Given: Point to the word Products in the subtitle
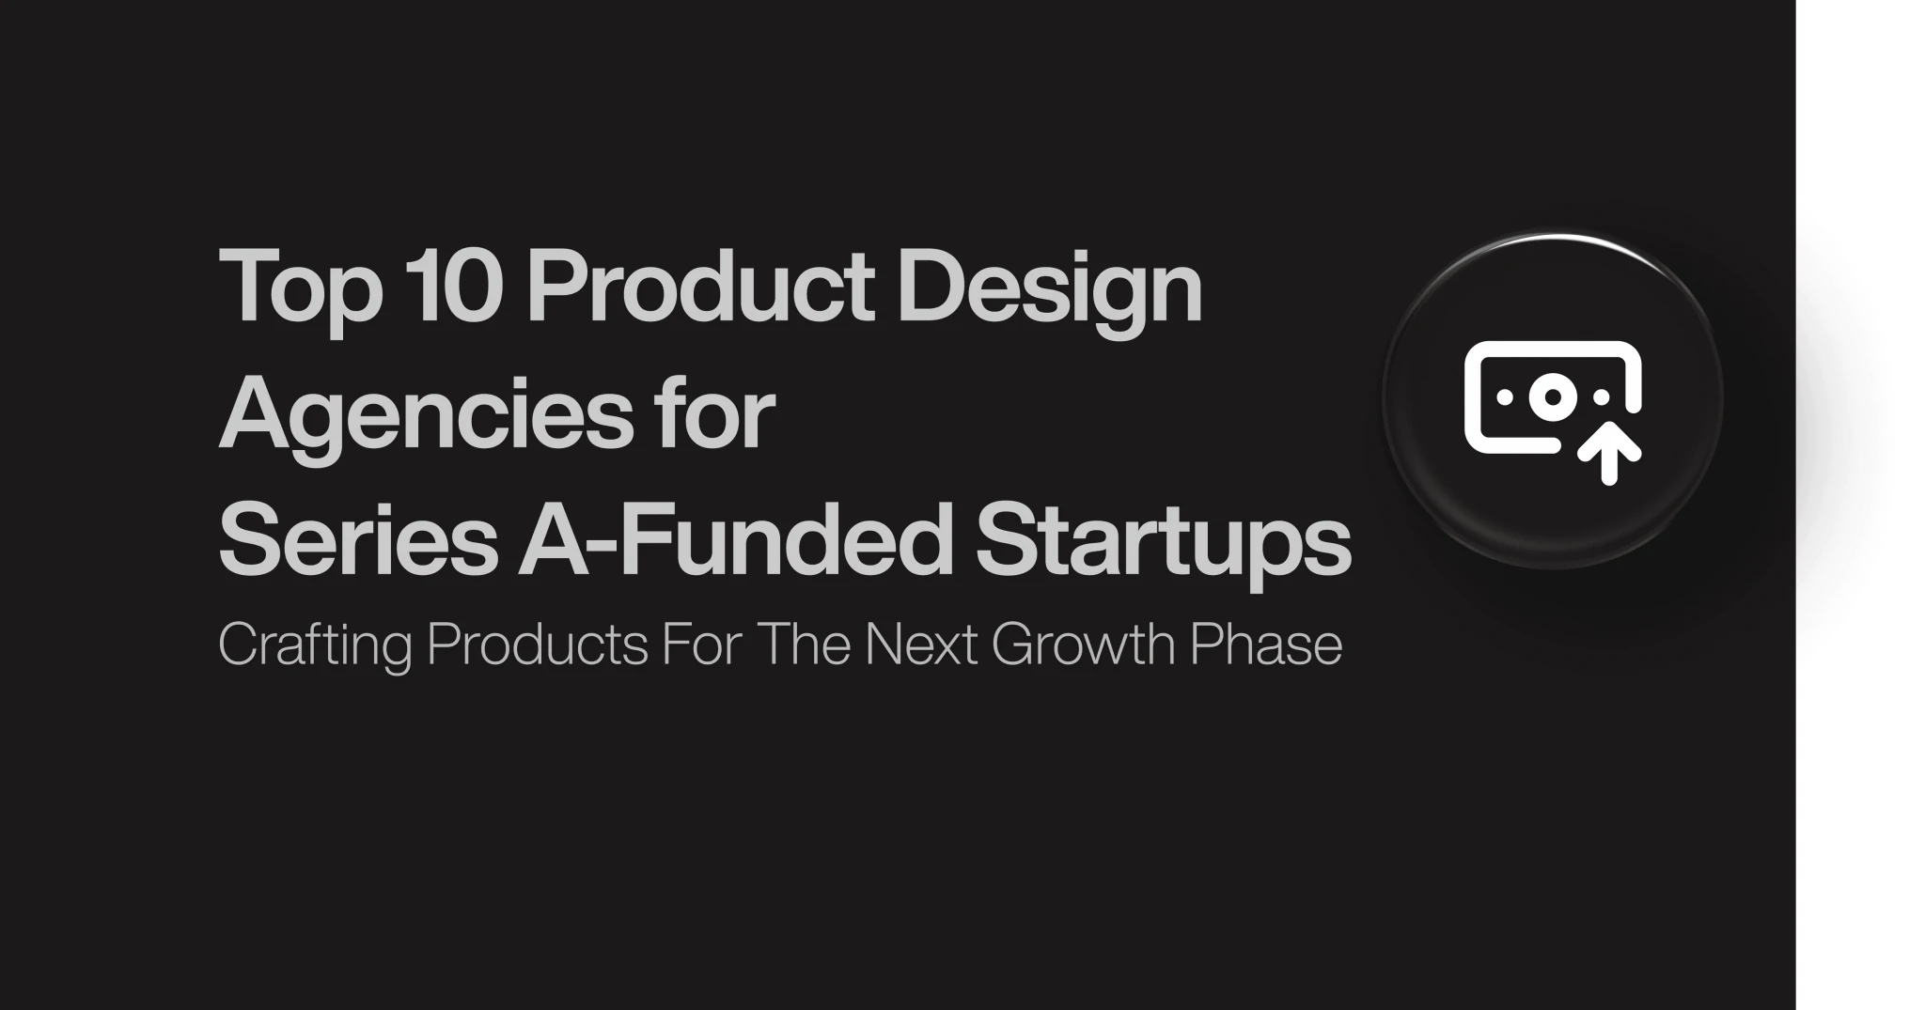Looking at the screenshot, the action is point(537,644).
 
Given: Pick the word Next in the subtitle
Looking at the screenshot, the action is point(921,645).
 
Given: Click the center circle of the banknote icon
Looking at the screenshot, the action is point(1552,397).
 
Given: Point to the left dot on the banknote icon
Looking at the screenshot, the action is point(1504,397).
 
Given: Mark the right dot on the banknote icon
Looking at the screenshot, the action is point(1601,397).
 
